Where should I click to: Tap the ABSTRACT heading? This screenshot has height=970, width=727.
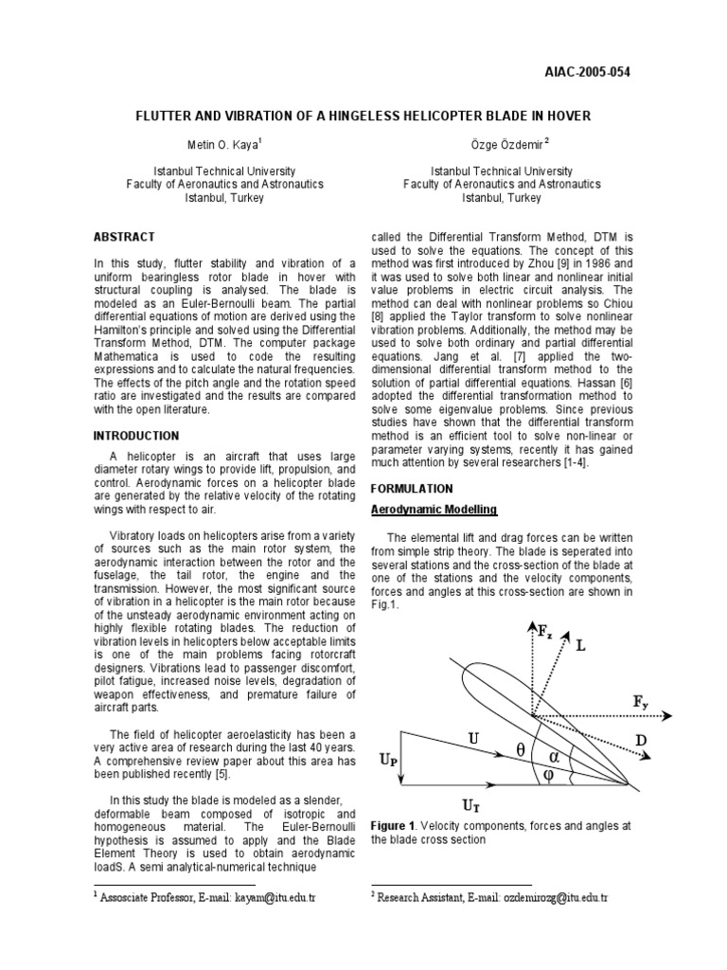[x=124, y=236]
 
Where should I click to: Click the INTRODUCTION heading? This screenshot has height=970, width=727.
[x=135, y=436]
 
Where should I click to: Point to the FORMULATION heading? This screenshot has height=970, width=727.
[x=412, y=489]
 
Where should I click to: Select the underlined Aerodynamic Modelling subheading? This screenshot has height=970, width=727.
[x=434, y=510]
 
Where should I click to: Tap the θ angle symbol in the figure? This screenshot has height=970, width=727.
[x=520, y=749]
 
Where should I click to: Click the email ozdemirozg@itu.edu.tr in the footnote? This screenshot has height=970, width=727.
[x=556, y=896]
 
